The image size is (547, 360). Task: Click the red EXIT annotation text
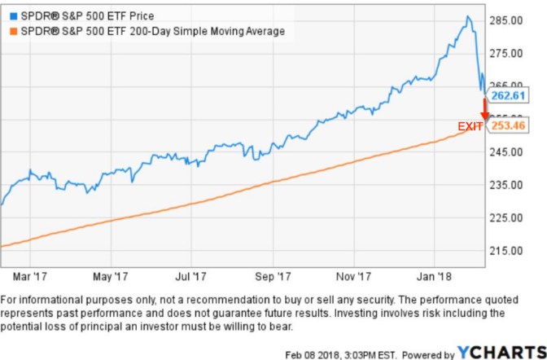click(x=470, y=126)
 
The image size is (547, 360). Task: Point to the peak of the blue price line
click(x=467, y=17)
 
